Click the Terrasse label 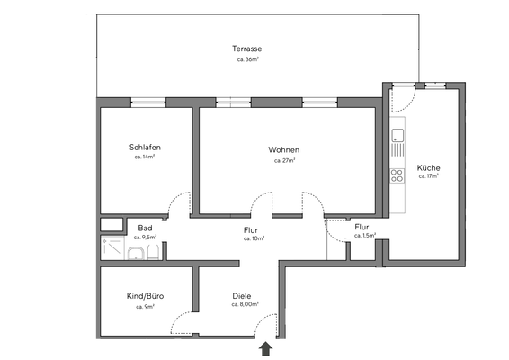(246, 49)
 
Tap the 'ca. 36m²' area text (246, 59)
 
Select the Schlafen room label (145, 148)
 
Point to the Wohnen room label (283, 149)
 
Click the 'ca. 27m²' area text (284, 160)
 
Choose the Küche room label (428, 167)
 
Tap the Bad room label (145, 228)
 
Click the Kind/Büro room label (145, 296)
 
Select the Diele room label (241, 296)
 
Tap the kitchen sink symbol (397, 138)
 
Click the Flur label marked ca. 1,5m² (362, 227)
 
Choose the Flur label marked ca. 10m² (251, 230)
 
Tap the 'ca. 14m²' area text (145, 157)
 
